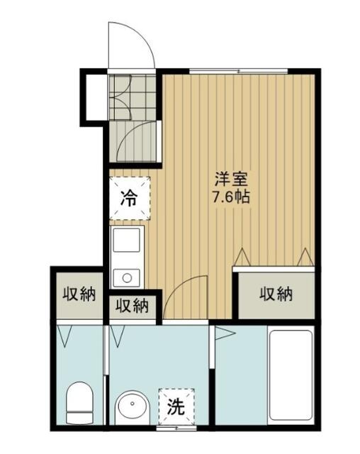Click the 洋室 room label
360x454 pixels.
click(231, 179)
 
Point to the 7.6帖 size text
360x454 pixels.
click(231, 197)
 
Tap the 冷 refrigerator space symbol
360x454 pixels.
click(130, 198)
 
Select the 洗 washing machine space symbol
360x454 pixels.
click(176, 406)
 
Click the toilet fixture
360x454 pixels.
click(80, 403)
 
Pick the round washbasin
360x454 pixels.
click(133, 409)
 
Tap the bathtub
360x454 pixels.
click(291, 375)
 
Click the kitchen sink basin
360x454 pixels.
click(126, 240)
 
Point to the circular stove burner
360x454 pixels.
click(127, 278)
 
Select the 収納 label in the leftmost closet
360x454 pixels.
click(79, 294)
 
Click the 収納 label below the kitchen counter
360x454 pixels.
click(133, 306)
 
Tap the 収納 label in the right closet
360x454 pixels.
click(276, 294)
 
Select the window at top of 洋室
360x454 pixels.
click(239, 71)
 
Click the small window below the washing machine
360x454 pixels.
click(176, 428)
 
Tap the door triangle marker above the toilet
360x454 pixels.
click(64, 336)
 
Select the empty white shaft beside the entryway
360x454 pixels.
click(96, 97)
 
